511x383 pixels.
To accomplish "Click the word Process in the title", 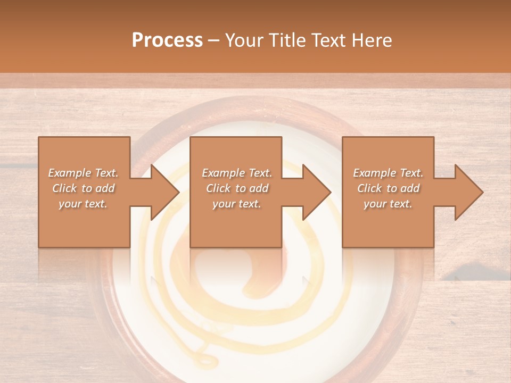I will [167, 40].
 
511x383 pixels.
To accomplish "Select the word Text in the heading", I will [329, 40].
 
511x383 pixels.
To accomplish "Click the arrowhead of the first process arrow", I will [165, 192].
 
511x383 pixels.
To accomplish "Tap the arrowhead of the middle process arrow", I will [317, 192].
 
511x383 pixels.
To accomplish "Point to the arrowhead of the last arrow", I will [469, 192].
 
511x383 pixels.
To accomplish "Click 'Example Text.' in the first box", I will [84, 173].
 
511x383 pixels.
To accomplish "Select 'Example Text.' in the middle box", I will [237, 173].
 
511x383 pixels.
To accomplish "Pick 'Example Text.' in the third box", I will [388, 173].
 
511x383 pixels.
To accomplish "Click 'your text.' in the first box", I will [84, 204].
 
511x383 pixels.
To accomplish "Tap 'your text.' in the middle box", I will [237, 204].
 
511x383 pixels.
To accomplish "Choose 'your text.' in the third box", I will [388, 204].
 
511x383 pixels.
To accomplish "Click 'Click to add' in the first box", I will [84, 188].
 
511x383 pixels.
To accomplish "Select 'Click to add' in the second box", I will [237, 188].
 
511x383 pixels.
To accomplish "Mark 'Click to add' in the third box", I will [388, 188].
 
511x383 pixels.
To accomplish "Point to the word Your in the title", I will [243, 40].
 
